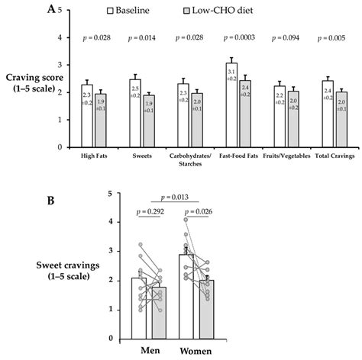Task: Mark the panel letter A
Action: coord(50,10)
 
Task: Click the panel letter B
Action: coord(51,201)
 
